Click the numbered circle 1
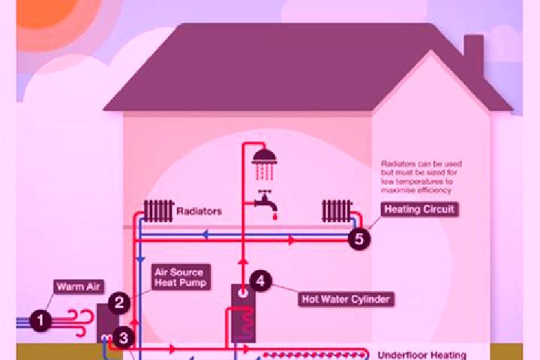[x=40, y=321]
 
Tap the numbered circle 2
[x=119, y=302]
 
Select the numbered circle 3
[x=123, y=338]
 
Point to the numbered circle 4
[x=260, y=280]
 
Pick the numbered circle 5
[x=358, y=238]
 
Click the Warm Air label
[x=79, y=286]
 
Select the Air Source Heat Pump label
[x=181, y=277]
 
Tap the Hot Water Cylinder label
[x=346, y=299]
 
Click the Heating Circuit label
[x=419, y=209]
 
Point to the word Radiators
[x=199, y=211]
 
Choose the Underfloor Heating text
[x=421, y=355]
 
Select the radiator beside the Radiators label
[x=158, y=211]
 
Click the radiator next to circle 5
[x=337, y=211]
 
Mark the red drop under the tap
[x=274, y=216]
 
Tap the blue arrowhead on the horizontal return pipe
[x=205, y=235]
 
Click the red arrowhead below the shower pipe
[x=243, y=262]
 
